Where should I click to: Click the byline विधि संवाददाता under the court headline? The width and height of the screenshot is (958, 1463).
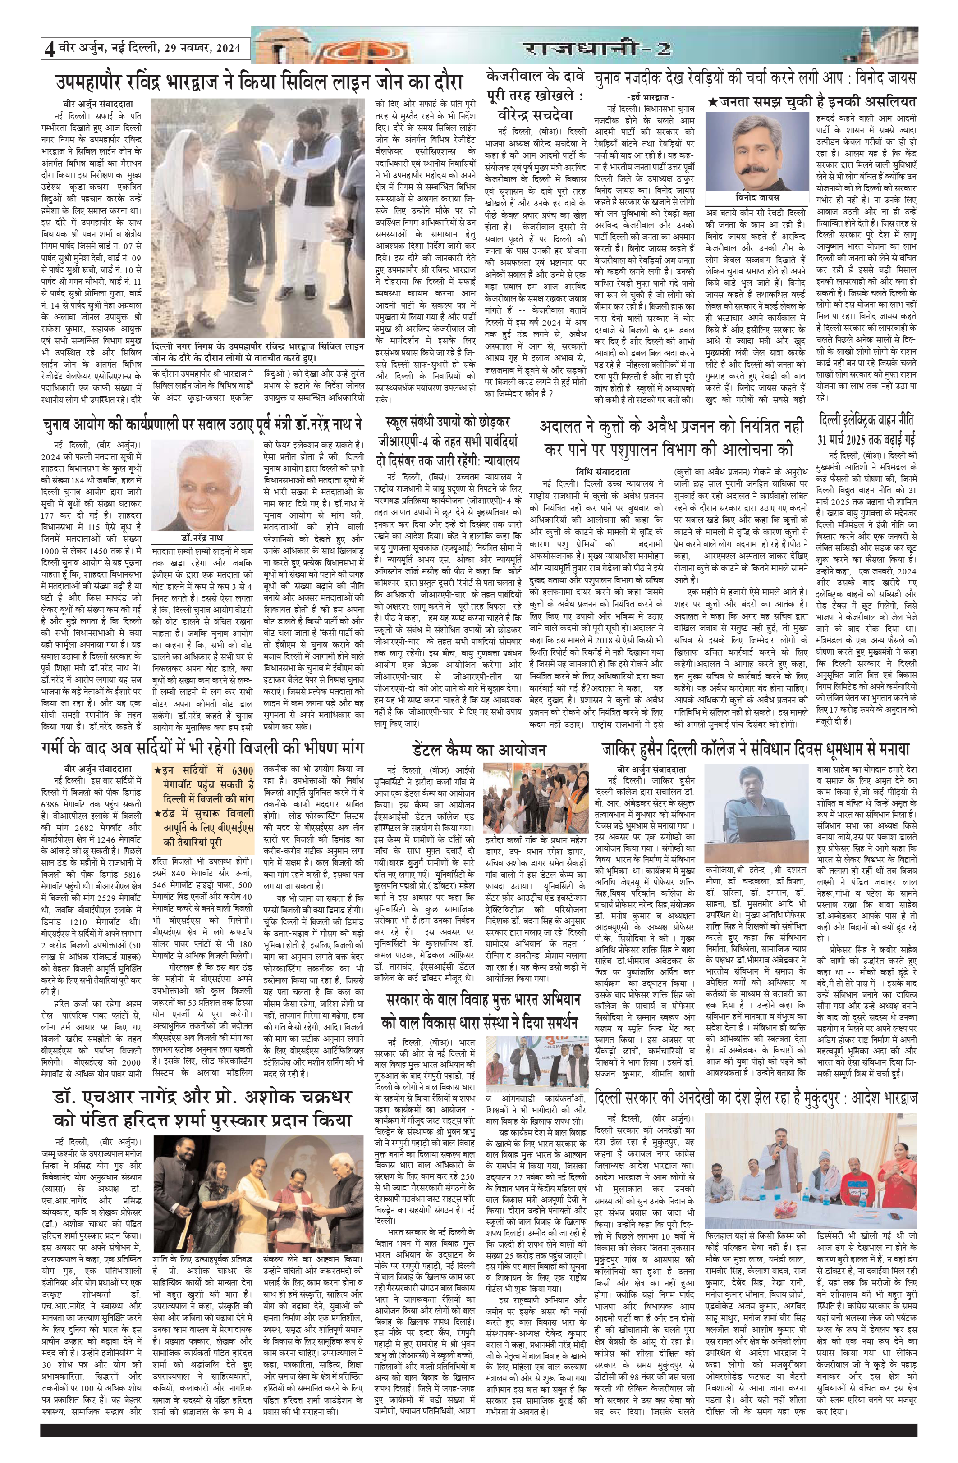click(x=595, y=472)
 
